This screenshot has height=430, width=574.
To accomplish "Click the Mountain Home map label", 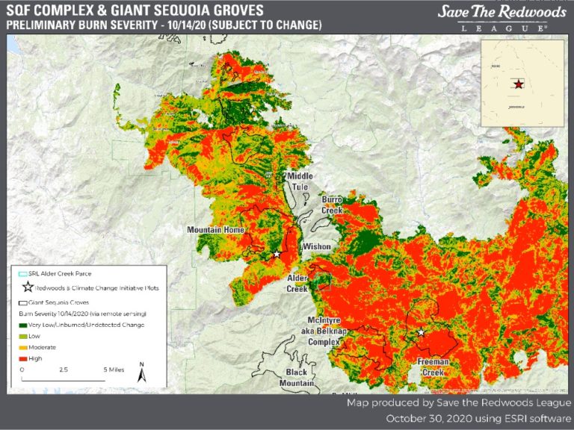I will [215, 229].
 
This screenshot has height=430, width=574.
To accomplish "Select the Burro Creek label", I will [332, 205].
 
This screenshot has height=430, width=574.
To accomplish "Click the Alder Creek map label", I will [297, 283].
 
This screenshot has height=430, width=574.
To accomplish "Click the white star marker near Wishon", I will [277, 254].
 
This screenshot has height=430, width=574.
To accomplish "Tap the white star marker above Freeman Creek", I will [421, 331].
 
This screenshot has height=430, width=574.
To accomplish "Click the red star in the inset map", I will [518, 84].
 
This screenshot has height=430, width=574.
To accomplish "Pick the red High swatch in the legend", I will [24, 359].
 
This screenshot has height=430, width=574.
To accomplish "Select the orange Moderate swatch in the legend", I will [24, 348].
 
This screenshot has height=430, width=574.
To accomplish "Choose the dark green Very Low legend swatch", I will [24, 325].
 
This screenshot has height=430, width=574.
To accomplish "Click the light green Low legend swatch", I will [24, 337].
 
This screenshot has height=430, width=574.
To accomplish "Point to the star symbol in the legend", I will [28, 287].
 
